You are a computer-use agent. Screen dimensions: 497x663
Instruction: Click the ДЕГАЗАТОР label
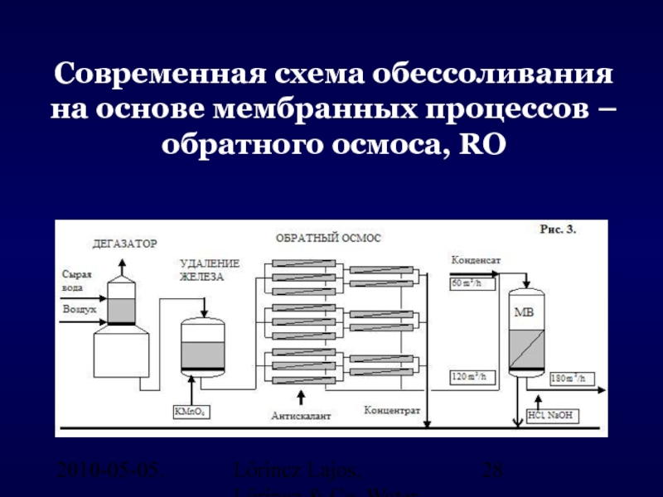[x=123, y=244]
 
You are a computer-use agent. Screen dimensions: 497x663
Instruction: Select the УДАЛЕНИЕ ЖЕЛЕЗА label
[x=210, y=269]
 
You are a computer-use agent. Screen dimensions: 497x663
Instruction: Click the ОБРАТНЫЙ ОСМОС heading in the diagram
[x=328, y=238]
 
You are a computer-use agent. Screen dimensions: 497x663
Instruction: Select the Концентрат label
[x=393, y=411]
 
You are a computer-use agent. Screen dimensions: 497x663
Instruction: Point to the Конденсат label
[x=475, y=259]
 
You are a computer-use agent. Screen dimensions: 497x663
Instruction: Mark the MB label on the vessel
[x=524, y=312]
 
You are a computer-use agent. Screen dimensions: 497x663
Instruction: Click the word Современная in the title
[x=157, y=75]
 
